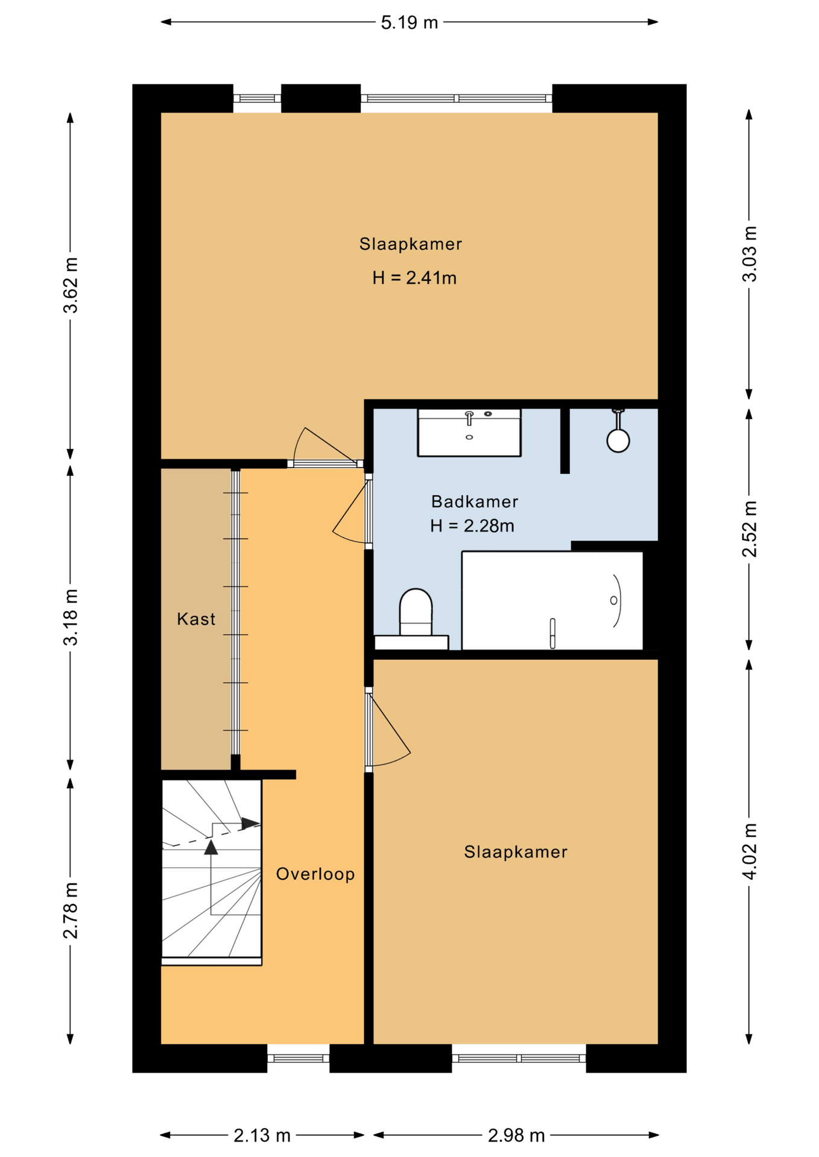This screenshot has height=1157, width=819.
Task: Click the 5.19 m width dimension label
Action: point(409,23)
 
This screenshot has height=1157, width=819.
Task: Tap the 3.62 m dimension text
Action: point(71,285)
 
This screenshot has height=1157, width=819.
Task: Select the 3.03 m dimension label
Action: point(749,254)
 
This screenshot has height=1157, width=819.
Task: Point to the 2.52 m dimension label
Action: point(749,528)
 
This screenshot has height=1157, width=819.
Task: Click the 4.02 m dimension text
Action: point(749,851)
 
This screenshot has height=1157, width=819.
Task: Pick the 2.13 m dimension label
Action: point(262,1136)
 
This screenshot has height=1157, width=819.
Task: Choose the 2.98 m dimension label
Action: point(516,1136)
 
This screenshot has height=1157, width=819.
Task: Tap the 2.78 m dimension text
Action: point(71,911)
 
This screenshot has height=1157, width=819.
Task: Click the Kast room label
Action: point(196,619)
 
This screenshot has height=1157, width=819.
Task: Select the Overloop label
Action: point(315,874)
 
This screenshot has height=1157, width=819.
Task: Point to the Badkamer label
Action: point(475,501)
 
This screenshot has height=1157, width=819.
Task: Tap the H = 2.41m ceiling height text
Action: point(414,278)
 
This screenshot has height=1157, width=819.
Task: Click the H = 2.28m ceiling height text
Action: point(472,526)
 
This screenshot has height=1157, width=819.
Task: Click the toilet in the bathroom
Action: point(416,612)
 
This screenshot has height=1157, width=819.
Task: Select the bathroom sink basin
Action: point(469,432)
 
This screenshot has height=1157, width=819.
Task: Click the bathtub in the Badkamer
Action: point(552,600)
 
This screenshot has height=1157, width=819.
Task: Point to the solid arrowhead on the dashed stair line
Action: point(250,823)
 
